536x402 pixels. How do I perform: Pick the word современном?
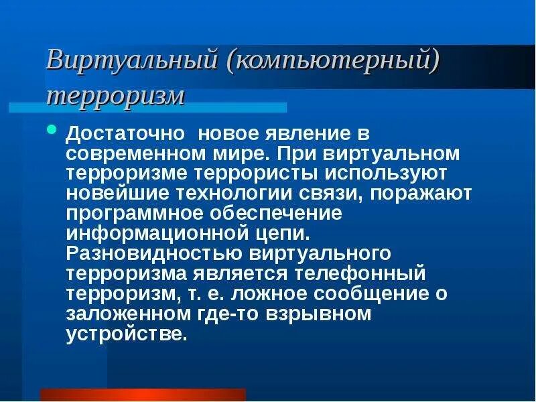(x=134, y=153)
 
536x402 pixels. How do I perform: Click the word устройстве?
(x=125, y=334)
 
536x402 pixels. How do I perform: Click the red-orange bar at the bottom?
(x=143, y=395)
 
